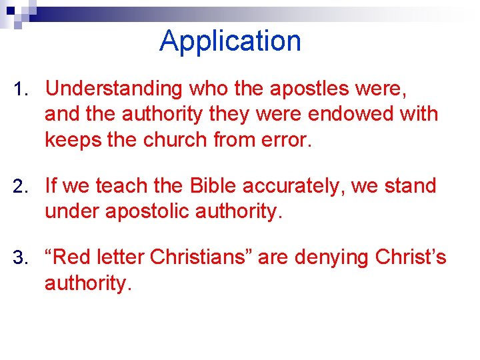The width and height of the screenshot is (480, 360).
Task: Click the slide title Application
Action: click(230, 41)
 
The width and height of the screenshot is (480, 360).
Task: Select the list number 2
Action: click(20, 187)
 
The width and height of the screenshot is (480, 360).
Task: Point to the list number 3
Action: click(20, 258)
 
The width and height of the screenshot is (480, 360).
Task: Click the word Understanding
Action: click(113, 89)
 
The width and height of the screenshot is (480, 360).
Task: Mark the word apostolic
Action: click(142, 211)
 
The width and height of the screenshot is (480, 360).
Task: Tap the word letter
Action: click(123, 257)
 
